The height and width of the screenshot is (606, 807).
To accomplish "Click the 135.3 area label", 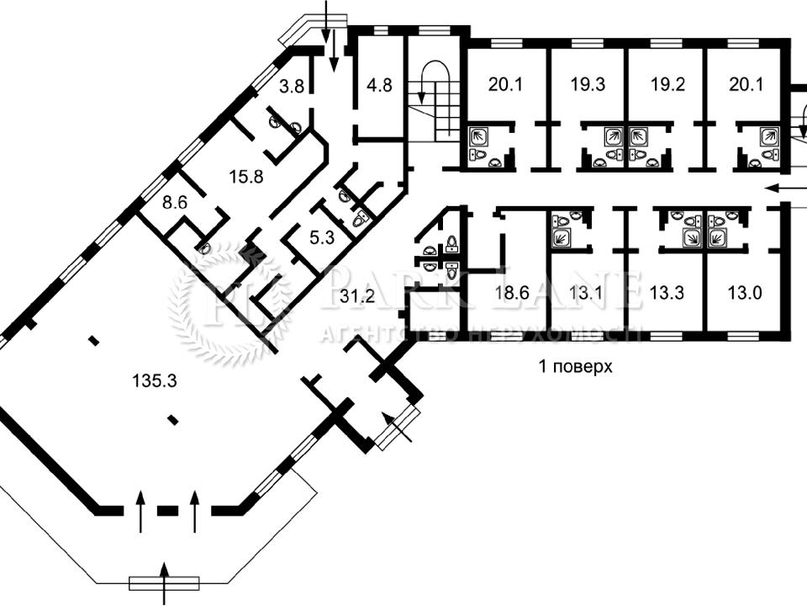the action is click(155, 381).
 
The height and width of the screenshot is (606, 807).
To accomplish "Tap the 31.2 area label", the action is click(357, 296).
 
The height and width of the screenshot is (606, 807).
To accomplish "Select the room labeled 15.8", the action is click(246, 177).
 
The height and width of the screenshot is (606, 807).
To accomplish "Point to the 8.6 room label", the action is click(175, 203).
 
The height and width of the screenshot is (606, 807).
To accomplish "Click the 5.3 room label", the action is click(322, 237).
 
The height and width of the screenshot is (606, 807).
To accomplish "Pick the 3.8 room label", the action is click(292, 86).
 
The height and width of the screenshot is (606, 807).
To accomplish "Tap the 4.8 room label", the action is click(380, 84).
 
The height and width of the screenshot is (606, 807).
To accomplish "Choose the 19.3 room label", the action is click(588, 84).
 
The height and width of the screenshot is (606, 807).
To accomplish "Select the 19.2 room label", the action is click(667, 84).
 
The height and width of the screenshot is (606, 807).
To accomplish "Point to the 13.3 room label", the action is click(667, 293).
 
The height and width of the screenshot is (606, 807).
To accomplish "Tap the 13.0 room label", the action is click(745, 293).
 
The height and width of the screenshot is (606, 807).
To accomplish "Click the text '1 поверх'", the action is click(575, 367).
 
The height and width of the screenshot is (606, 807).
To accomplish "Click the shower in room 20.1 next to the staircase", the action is click(480, 137).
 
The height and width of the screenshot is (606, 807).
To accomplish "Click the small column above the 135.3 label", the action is click(93, 340).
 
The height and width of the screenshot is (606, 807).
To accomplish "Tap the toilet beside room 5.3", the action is click(358, 220).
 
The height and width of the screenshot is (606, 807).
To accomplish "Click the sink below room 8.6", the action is click(205, 248).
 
